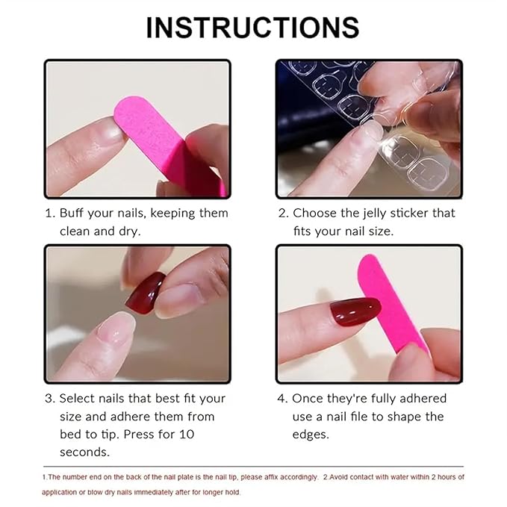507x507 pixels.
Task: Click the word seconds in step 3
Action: [x=84, y=452]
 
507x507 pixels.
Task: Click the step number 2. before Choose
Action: [x=283, y=213]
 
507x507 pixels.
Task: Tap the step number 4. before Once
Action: [x=283, y=398]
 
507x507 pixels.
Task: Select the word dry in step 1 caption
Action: [x=128, y=231]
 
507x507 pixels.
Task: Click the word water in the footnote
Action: [x=391, y=476]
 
